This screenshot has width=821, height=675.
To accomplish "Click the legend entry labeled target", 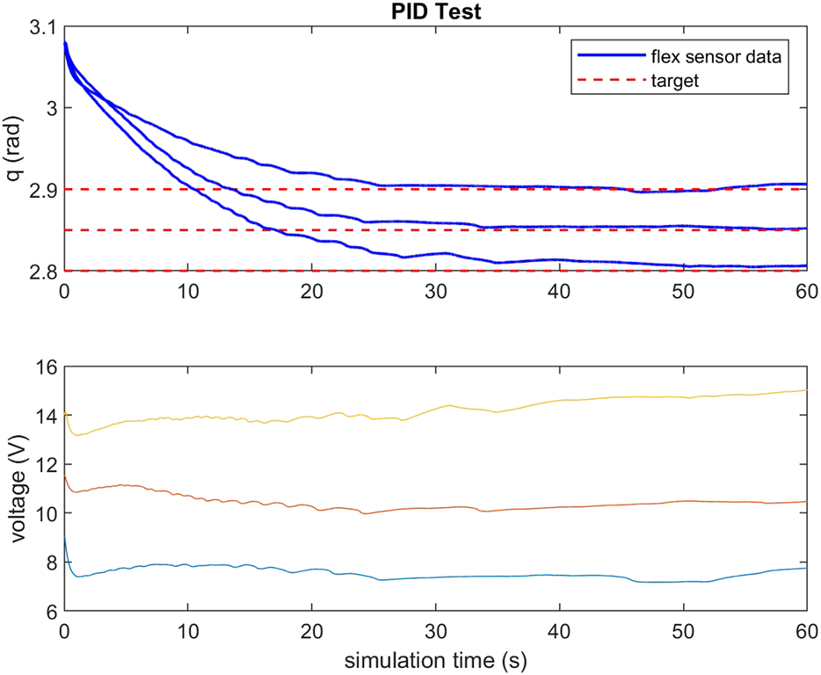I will [675, 81].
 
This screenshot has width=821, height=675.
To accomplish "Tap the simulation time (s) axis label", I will [435, 657].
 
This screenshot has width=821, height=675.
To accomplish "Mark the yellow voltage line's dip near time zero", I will [76, 434].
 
